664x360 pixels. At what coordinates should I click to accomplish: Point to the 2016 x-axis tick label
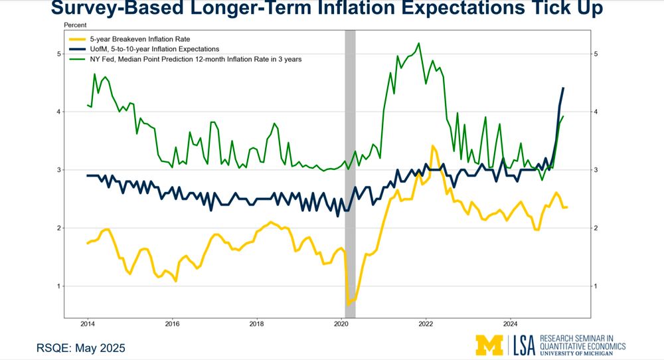[x=172, y=324]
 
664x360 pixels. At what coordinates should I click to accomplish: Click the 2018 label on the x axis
[x=257, y=324]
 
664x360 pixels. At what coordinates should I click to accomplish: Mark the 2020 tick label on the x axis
[x=341, y=324]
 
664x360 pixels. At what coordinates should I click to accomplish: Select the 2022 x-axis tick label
[x=426, y=324]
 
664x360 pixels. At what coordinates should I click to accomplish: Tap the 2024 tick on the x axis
[x=510, y=324]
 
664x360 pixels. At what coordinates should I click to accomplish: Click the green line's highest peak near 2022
[x=419, y=44]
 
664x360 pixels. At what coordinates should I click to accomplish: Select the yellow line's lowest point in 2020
[x=347, y=304]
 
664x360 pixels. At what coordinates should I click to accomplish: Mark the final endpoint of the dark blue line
[x=563, y=88]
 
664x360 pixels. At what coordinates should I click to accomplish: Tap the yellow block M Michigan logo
[x=490, y=345]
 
